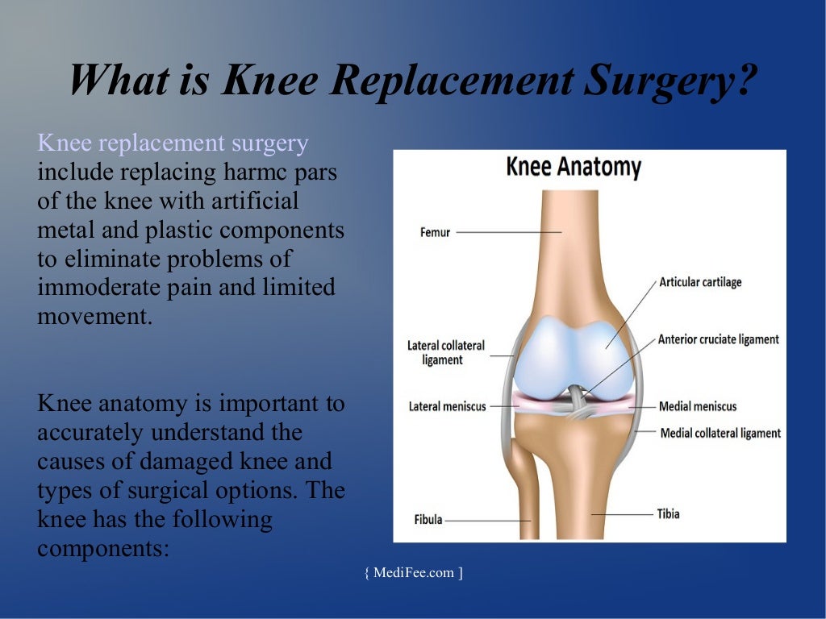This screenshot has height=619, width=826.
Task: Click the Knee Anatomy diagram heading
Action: point(573,168)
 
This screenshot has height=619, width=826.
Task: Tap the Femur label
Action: point(435,233)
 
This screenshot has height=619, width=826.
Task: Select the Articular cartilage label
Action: point(700,282)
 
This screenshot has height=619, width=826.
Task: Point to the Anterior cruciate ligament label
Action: point(718,339)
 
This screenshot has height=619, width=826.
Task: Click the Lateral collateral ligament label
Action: point(445,352)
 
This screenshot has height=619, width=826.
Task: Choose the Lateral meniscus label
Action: point(448,406)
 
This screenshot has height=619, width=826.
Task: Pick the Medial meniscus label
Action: point(698,406)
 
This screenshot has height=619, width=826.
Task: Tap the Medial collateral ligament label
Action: point(720,434)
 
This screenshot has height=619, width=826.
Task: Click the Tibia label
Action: point(668,513)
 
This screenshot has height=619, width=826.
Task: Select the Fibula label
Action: point(428,520)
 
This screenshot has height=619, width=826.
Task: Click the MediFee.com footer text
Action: point(414,573)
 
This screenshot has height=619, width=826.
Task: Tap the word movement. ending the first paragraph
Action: point(94,317)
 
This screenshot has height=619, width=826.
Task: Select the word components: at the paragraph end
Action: point(103,549)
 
